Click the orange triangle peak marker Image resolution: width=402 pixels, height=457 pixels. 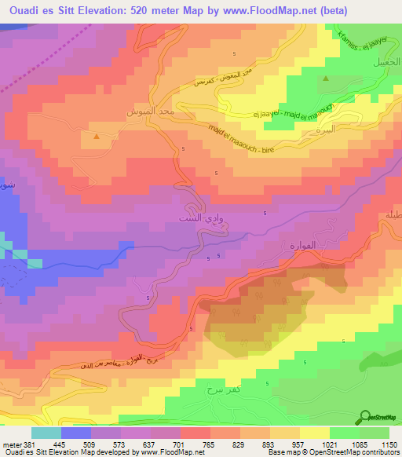97,137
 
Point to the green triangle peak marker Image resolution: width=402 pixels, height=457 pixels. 325,79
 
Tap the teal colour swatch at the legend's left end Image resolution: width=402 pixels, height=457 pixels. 46,432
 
